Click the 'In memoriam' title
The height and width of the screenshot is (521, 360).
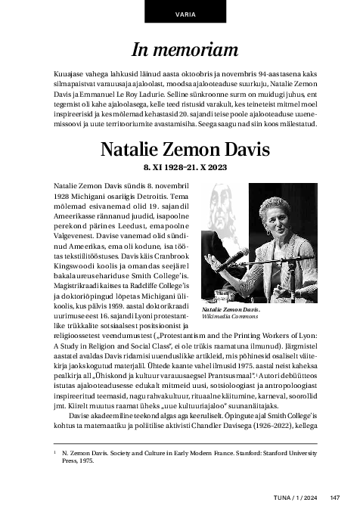click(179, 49)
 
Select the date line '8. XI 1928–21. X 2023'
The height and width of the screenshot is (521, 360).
click(179, 166)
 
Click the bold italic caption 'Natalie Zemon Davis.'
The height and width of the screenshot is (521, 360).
click(231, 310)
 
